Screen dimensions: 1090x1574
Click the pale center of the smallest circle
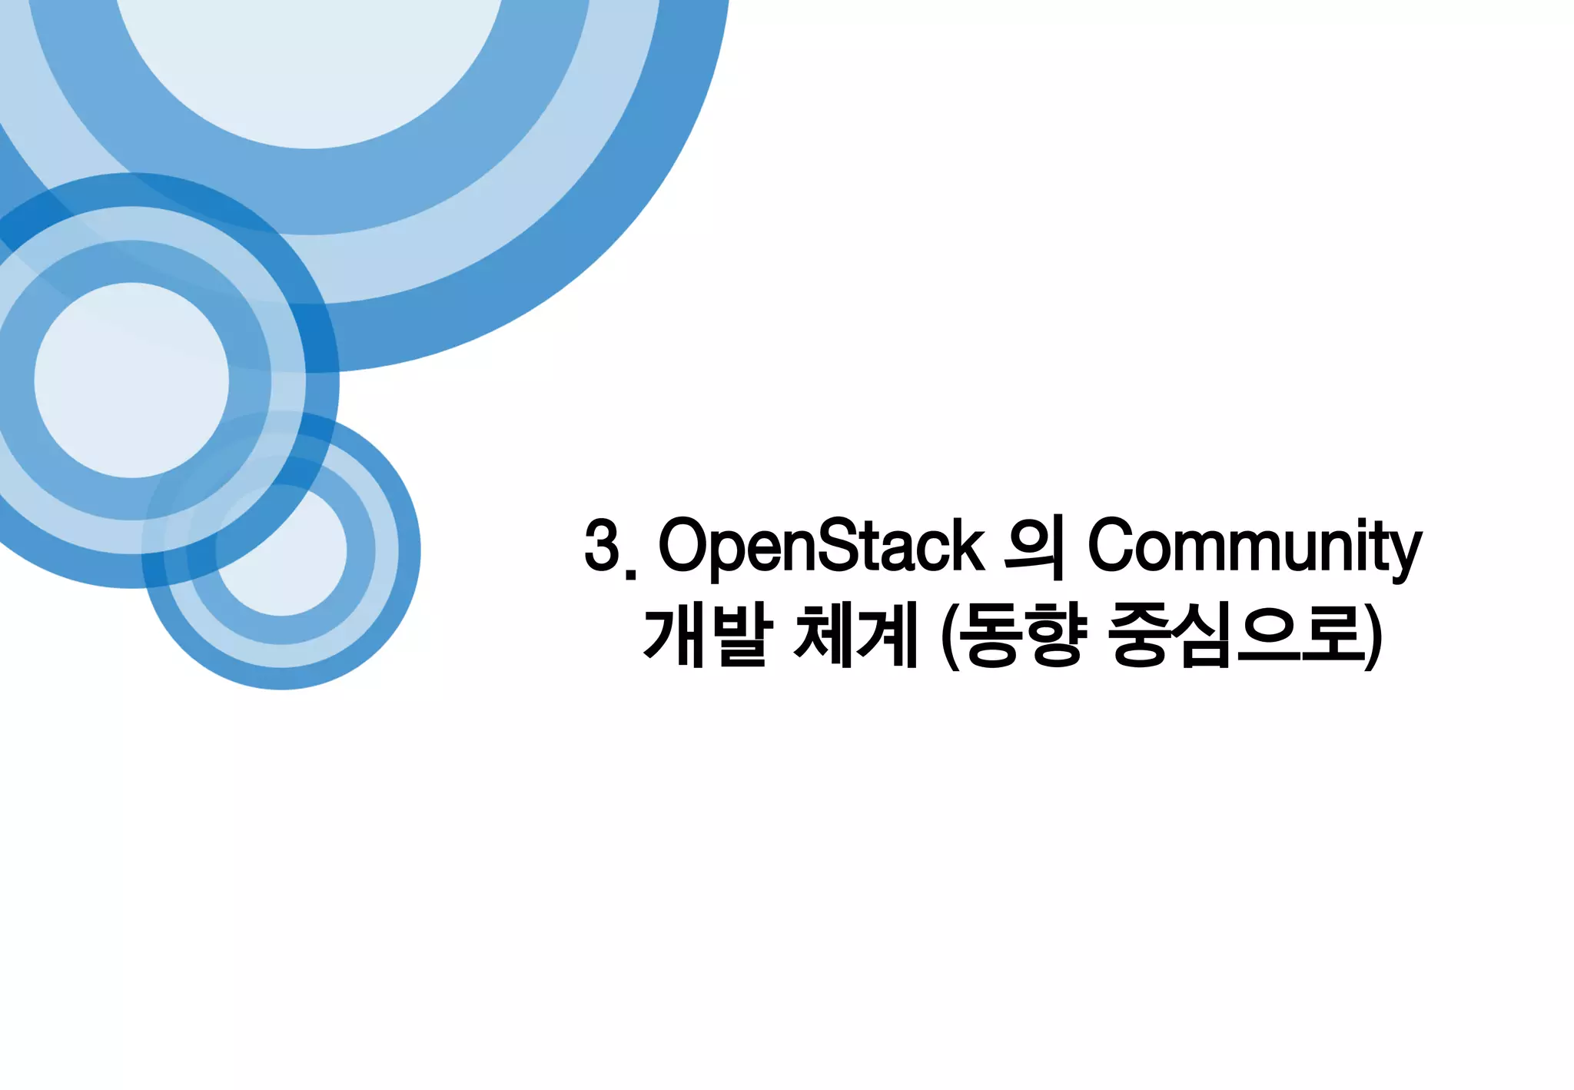281,550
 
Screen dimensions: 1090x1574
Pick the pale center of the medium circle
131,380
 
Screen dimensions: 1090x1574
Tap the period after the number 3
632,570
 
